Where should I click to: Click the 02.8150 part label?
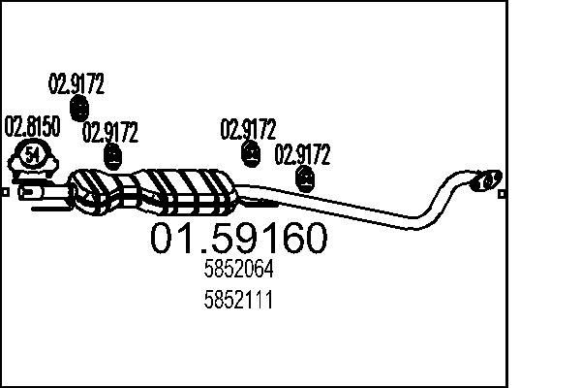coord(33,126)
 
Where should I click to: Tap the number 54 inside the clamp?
coord(34,154)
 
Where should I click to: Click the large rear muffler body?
coord(190,192)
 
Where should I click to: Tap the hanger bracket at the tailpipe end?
coord(485,178)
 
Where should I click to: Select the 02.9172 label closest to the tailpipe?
coord(303,153)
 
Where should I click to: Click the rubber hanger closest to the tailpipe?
coord(306,178)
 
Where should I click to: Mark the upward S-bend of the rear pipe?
coord(436,199)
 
